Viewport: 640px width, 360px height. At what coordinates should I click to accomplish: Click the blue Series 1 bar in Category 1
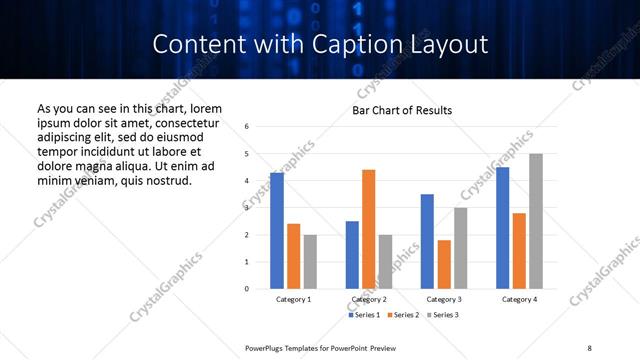[277, 231]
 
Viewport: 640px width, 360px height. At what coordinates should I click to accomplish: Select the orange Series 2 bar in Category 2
[369, 229]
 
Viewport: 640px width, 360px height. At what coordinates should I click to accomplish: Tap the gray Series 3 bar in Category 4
[536, 221]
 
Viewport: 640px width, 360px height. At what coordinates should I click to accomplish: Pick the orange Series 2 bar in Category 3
[444, 264]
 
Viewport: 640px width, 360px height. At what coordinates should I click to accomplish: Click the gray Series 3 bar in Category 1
[310, 262]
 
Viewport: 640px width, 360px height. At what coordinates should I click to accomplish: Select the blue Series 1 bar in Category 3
[427, 241]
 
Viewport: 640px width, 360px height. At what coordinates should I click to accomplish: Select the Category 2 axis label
[369, 300]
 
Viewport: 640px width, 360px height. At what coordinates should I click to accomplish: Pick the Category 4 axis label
[519, 300]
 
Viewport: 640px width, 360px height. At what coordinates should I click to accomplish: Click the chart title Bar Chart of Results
[402, 110]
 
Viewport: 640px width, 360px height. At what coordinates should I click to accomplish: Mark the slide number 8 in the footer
[589, 348]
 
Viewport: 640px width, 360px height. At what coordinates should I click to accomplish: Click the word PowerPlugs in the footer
[267, 348]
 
